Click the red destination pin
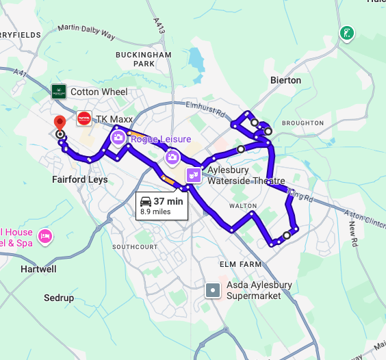point(60,122)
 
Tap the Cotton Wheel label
point(99,92)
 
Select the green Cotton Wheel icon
point(59,91)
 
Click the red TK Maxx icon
point(84,118)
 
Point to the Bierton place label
point(285,80)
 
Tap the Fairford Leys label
point(79,179)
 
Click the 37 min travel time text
point(168,201)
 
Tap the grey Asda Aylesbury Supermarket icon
point(214,290)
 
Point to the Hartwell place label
point(38,269)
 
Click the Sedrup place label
point(59,298)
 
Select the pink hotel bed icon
point(45,236)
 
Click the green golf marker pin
point(348,33)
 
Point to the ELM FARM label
point(241,264)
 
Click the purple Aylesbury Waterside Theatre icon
point(194,175)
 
